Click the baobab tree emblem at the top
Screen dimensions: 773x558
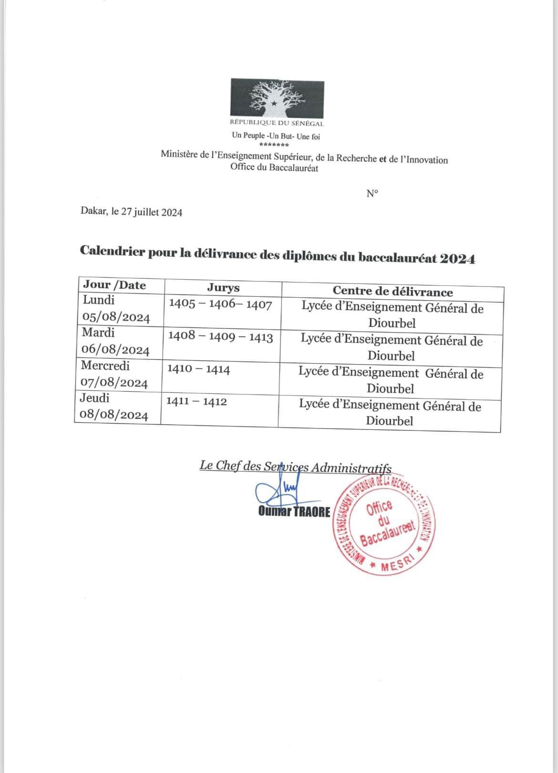click(x=277, y=99)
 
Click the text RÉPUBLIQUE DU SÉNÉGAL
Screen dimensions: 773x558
click(x=277, y=124)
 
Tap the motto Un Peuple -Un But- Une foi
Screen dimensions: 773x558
click(x=276, y=136)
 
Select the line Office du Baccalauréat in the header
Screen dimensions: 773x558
click(x=274, y=167)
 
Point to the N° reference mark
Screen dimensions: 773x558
click(x=372, y=193)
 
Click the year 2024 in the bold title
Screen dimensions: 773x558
click(x=457, y=259)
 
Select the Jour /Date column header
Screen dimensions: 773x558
click(x=114, y=285)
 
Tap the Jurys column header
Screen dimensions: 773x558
click(x=223, y=288)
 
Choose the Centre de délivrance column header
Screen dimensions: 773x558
click(x=393, y=292)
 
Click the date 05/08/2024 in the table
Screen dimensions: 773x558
click(x=116, y=318)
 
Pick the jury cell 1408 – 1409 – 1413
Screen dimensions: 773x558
click(x=220, y=337)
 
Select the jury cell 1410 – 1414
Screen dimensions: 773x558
click(x=198, y=369)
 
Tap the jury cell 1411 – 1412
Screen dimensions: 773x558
click(x=196, y=401)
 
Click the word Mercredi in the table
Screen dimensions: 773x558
click(x=105, y=366)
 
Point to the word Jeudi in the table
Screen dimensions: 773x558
click(x=95, y=398)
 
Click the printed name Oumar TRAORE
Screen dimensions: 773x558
click(x=294, y=512)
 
